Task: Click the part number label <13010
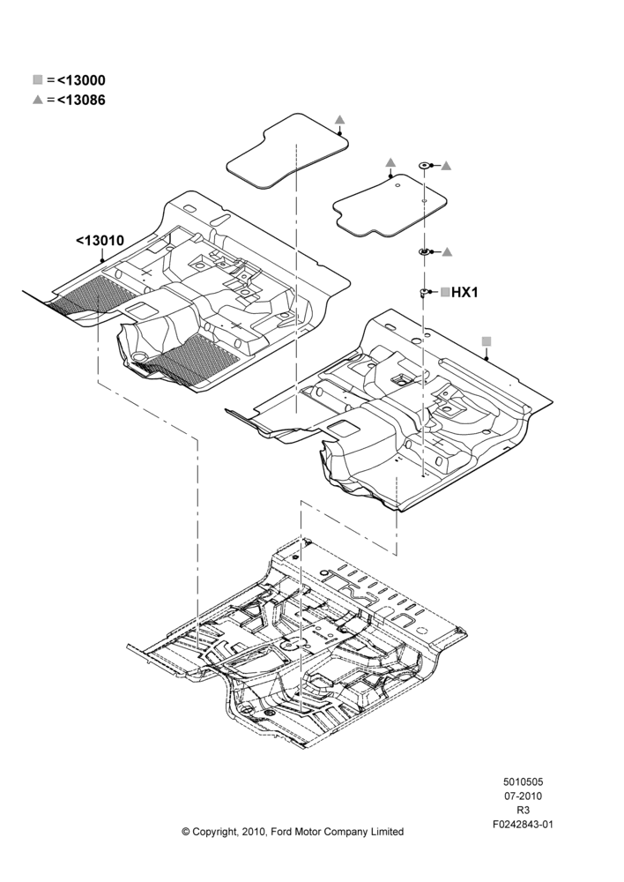click(100, 241)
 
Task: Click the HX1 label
click(464, 293)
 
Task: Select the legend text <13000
click(81, 80)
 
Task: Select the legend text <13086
click(81, 101)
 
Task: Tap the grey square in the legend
click(38, 80)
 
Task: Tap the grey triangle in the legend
click(38, 100)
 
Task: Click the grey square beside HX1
click(445, 292)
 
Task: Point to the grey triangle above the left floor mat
click(339, 120)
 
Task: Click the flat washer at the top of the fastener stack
click(425, 166)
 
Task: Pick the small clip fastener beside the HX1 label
click(423, 293)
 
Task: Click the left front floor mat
click(286, 151)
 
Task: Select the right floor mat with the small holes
click(390, 206)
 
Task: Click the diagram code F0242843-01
click(523, 825)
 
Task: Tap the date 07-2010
click(523, 796)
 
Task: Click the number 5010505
click(523, 781)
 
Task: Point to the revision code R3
click(523, 811)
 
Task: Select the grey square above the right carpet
click(487, 341)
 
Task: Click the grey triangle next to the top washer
click(446, 166)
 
